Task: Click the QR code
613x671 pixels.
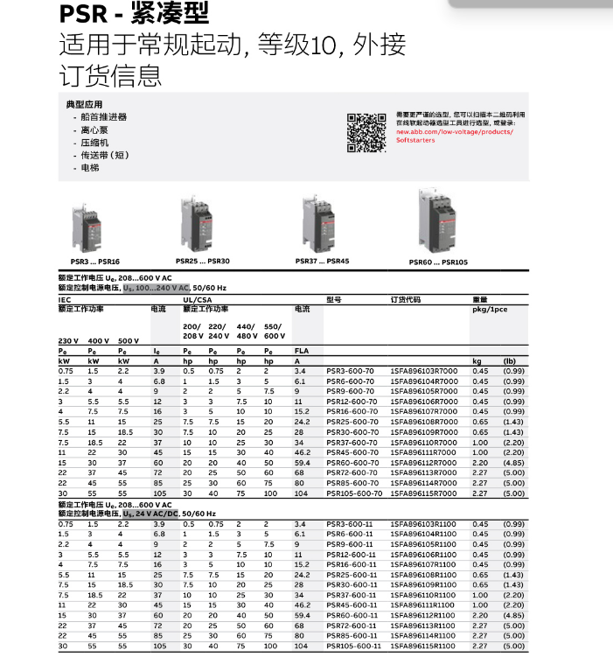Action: pyautogui.click(x=366, y=133)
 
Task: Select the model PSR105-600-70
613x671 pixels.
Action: pyautogui.click(x=354, y=493)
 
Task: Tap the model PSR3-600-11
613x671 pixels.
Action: pyautogui.click(x=350, y=523)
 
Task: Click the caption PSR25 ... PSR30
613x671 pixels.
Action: pyautogui.click(x=202, y=261)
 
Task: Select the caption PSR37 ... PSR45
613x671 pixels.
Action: pyautogui.click(x=322, y=261)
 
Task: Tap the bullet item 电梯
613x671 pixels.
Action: pyautogui.click(x=90, y=167)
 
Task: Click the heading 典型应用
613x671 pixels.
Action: pyautogui.click(x=84, y=104)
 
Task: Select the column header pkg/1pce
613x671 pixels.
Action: pyautogui.click(x=491, y=310)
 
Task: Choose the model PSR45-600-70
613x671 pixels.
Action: pyautogui.click(x=352, y=452)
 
